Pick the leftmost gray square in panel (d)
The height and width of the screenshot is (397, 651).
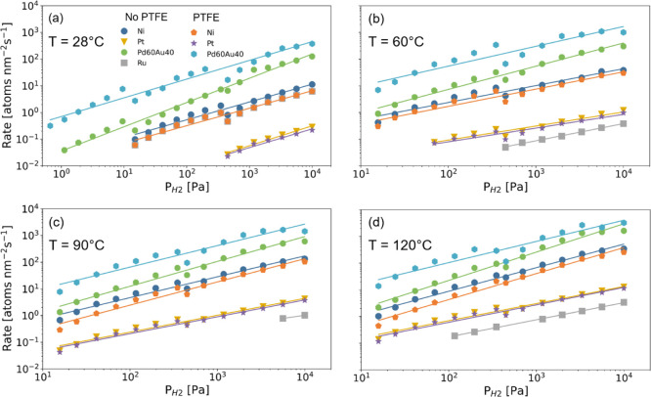click(455, 335)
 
